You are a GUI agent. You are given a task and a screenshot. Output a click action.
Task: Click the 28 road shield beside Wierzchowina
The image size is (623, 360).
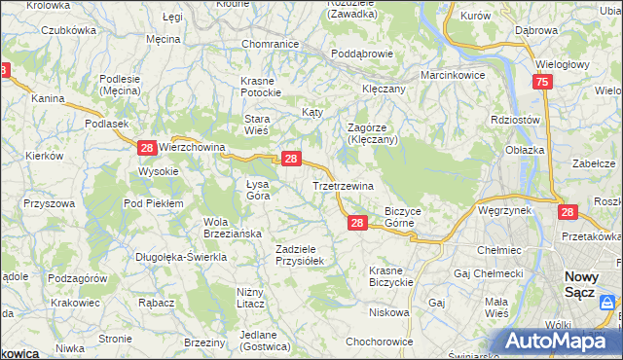[146, 148]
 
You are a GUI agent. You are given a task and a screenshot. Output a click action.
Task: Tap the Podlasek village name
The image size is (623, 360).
[107, 124]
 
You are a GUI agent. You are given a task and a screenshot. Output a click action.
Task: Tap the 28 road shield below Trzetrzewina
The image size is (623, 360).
[357, 224]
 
